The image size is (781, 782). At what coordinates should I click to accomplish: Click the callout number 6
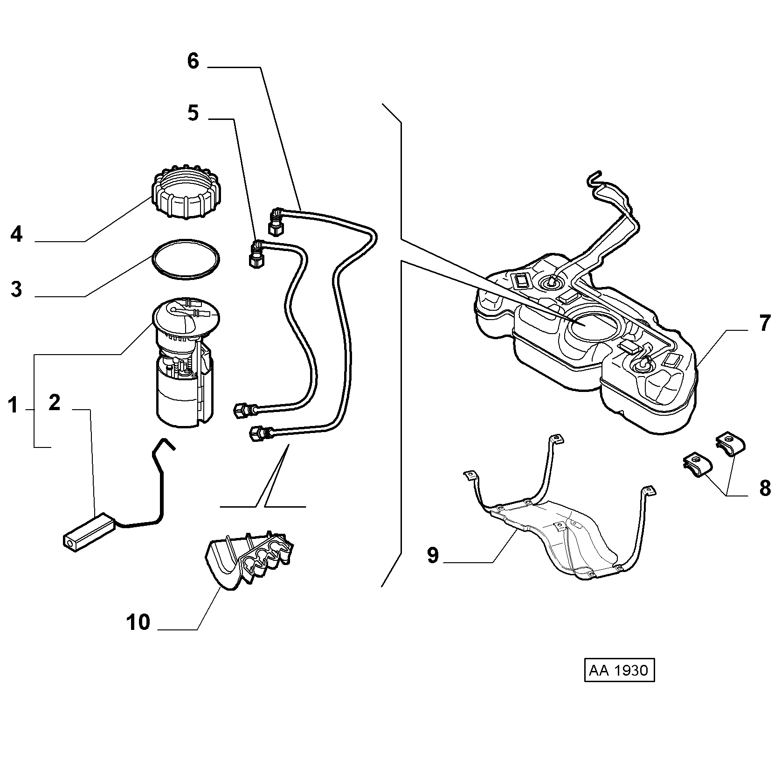193,61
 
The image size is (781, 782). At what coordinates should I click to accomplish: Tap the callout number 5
193,113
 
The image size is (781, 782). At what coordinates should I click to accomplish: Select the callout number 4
16,234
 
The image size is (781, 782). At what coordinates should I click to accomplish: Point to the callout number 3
16,289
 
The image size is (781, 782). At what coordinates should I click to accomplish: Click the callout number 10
138,622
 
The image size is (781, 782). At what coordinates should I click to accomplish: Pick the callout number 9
433,555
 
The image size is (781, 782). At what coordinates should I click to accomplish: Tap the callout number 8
765,489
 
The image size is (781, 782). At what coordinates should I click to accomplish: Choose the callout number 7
765,323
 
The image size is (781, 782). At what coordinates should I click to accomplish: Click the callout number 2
55,402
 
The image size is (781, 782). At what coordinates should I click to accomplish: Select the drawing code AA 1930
619,670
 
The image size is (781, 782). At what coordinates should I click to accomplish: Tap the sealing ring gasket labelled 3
186,260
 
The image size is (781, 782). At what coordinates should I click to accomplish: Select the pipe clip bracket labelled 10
249,559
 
